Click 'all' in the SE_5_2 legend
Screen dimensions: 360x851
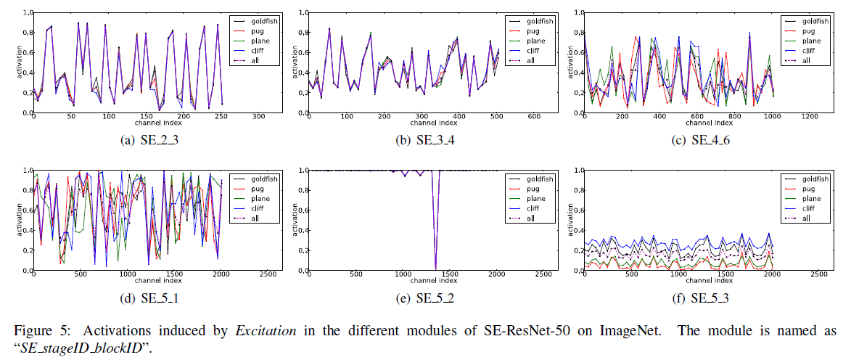(x=532, y=218)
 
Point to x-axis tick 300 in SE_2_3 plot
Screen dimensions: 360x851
(x=258, y=118)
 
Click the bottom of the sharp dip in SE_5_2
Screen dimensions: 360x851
(x=435, y=269)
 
